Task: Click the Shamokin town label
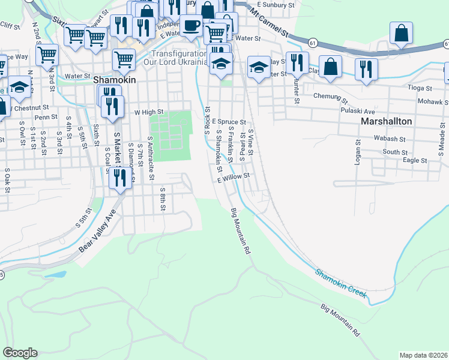pyautogui.click(x=115, y=79)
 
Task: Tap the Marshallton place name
pyautogui.click(x=387, y=121)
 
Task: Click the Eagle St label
pyautogui.click(x=415, y=160)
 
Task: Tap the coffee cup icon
pyautogui.click(x=191, y=26)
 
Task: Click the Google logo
pyautogui.click(x=20, y=353)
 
